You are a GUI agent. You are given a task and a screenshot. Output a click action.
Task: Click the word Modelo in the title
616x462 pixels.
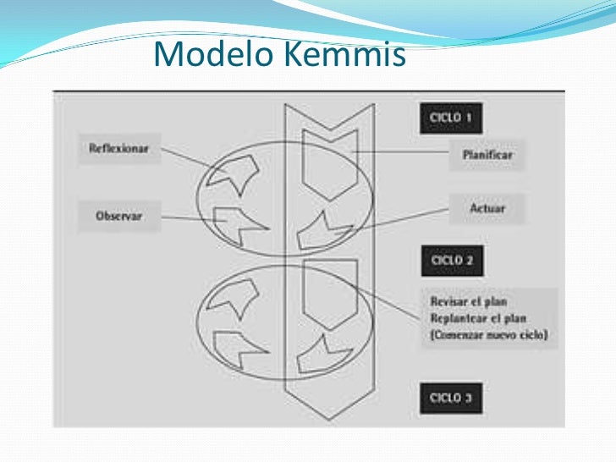(212, 55)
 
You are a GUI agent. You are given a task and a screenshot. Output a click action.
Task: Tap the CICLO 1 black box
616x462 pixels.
(451, 118)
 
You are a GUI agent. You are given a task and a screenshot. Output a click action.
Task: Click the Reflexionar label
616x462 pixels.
(118, 148)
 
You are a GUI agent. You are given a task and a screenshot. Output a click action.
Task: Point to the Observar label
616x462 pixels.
(118, 216)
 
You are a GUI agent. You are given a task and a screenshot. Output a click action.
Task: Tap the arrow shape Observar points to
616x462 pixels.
(238, 224)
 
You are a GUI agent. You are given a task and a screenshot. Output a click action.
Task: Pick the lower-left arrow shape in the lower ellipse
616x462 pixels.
(237, 348)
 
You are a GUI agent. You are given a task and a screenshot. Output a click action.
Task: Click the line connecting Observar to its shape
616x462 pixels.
(190, 218)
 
